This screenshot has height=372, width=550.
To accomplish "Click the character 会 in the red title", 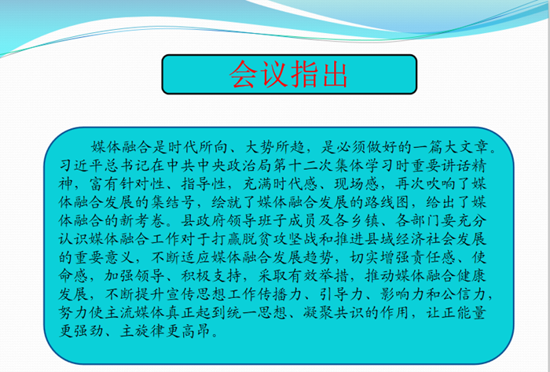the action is click(x=244, y=74).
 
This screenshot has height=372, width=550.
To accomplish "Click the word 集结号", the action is click(x=174, y=202).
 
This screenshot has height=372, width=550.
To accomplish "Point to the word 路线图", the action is click(x=387, y=202).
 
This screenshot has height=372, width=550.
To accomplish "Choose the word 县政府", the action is click(x=203, y=220).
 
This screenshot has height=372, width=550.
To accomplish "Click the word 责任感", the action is click(x=433, y=257).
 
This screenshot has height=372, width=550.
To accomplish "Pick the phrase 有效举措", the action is click(x=303, y=275).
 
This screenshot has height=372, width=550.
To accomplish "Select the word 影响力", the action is click(x=402, y=294).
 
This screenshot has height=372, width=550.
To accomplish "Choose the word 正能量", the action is click(x=464, y=312).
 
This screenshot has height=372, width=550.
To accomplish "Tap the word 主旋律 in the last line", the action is click(x=143, y=330).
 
